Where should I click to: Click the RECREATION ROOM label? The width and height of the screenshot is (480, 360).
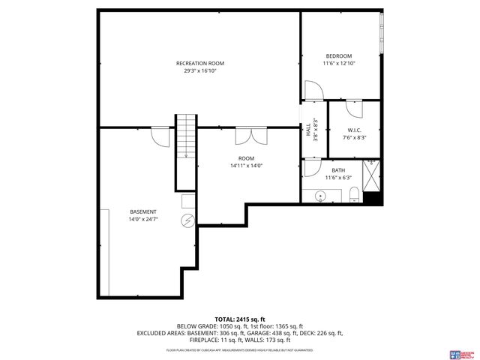(200, 63)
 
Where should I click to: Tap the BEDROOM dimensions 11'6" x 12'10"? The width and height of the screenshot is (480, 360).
(338, 64)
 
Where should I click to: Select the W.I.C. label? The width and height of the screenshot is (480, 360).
(353, 130)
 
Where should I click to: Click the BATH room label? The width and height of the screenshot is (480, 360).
(338, 170)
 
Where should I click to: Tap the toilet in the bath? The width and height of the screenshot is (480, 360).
(353, 196)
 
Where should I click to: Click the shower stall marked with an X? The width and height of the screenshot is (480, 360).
(371, 175)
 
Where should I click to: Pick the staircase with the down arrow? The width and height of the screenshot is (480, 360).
(185, 150)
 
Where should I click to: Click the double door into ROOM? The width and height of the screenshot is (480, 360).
(250, 136)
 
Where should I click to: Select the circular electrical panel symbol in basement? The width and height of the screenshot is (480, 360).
(187, 220)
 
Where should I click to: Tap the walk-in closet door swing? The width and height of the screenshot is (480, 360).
(354, 109)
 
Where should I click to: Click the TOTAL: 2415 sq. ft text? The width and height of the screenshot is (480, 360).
(239, 319)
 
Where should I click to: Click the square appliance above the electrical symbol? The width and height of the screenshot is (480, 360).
(188, 202)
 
